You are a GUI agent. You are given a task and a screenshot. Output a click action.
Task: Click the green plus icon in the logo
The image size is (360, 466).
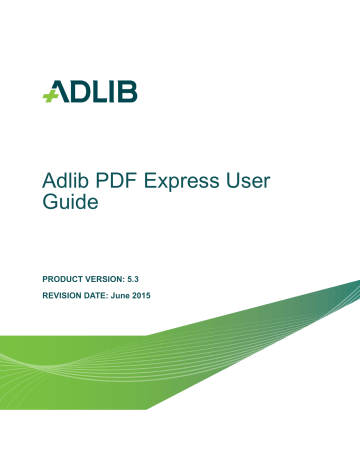coord(50,96)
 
